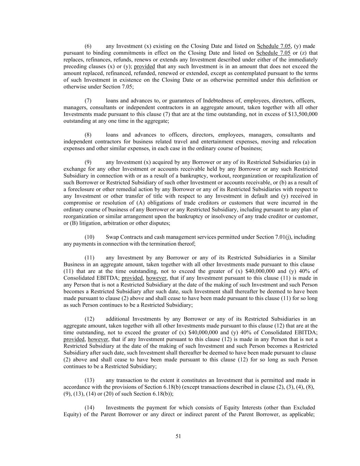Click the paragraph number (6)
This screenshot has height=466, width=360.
coord(88,46)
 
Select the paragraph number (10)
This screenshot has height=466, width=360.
coord(89,237)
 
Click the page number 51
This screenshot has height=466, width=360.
coord(178,436)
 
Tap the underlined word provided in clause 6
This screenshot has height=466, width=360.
coord(144,66)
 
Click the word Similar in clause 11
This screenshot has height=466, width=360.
coord(307,257)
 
